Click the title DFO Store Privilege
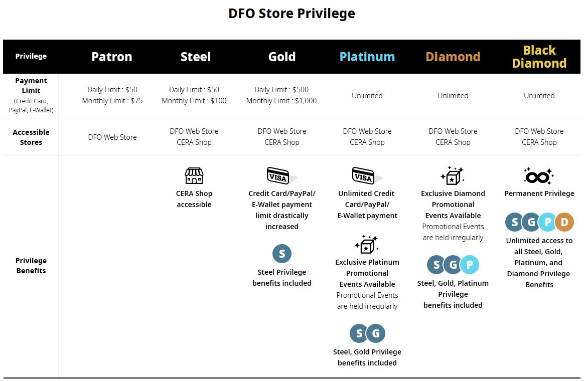(291, 14)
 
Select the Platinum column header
(367, 57)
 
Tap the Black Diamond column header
(539, 57)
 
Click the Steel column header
(196, 57)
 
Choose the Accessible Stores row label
(31, 137)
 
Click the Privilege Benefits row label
(31, 265)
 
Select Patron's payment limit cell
(112, 95)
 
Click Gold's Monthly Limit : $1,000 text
(281, 100)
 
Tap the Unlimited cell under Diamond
(453, 95)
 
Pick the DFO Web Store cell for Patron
(112, 137)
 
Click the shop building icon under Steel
(194, 175)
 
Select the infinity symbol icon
(538, 176)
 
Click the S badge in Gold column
(282, 254)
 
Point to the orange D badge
(564, 222)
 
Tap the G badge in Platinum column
(376, 333)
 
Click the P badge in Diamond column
(470, 265)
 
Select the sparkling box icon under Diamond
(452, 175)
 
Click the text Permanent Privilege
(539, 194)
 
